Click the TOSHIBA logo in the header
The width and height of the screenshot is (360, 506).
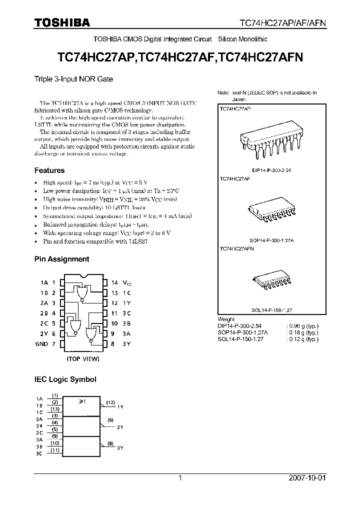62,22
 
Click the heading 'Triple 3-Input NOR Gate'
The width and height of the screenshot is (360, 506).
73,79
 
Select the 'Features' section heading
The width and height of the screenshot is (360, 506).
49,170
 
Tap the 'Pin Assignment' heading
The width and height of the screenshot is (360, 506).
61,259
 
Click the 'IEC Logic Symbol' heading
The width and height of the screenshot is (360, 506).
65,379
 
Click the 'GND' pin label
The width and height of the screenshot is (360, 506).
42,344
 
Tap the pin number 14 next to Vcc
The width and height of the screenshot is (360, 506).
114,282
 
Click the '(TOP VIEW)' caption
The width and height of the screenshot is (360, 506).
83,358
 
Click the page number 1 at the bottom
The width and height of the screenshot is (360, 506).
180,478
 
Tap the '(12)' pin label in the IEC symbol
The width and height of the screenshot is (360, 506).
110,402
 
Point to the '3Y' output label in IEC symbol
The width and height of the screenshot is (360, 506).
120,447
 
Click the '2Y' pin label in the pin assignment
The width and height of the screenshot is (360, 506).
44,333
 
